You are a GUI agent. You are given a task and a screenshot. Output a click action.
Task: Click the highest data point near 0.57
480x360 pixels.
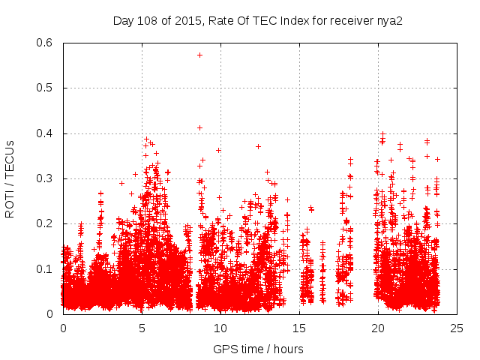click(x=199, y=55)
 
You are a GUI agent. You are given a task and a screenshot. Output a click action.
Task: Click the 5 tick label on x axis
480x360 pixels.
click(x=142, y=328)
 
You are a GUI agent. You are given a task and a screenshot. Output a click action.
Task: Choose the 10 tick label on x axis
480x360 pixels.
click(x=220, y=328)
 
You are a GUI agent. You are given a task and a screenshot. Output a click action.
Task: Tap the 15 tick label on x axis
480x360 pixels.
click(x=299, y=328)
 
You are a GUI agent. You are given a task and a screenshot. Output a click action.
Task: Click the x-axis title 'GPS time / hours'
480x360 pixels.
click(x=258, y=349)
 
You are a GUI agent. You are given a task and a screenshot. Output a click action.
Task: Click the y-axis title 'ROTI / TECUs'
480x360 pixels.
click(x=10, y=178)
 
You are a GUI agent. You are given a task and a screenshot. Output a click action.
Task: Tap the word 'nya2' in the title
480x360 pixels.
click(x=390, y=20)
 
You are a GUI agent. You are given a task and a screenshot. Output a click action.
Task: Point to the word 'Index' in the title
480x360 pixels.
click(x=286, y=20)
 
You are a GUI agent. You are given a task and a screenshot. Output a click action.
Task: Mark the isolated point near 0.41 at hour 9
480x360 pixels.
click(x=199, y=127)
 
